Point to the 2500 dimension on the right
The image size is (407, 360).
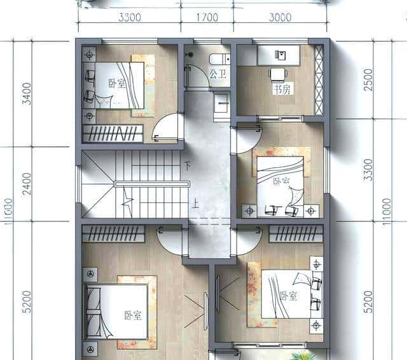(368, 80)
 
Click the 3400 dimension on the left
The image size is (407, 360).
(26, 92)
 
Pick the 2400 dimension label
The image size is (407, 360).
(26, 184)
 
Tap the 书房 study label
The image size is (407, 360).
(280, 90)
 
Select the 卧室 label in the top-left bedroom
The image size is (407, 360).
(116, 83)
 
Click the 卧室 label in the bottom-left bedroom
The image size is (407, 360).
(132, 314)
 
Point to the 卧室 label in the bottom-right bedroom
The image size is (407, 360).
(288, 296)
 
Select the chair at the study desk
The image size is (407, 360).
(277, 75)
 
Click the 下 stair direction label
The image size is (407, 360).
(187, 166)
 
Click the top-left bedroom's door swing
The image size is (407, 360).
(167, 129)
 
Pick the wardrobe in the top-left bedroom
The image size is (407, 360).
(113, 134)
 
